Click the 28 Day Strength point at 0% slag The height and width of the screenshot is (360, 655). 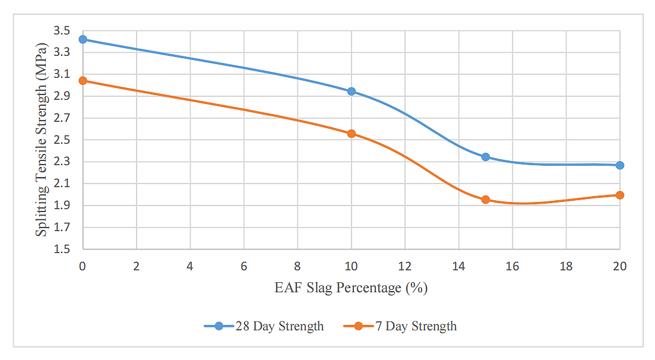tap(83, 39)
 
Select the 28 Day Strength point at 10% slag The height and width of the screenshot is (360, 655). tap(352, 91)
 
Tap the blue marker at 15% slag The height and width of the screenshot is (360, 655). tap(486, 157)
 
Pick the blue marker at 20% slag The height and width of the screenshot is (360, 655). tap(620, 165)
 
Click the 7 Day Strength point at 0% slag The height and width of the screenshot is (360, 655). tap(83, 81)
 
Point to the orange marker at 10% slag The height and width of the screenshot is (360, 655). tap(352, 134)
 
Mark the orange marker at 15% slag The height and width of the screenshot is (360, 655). tap(486, 200)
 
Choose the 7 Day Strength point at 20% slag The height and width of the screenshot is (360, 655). tap(620, 195)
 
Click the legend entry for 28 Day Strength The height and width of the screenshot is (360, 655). tap(264, 326)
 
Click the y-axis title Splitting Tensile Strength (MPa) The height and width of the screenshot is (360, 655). tap(41, 139)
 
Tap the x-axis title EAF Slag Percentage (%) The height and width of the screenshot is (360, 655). tap(351, 289)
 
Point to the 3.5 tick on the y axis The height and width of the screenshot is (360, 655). tap(62, 30)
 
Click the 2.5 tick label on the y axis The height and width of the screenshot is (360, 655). tap(62, 140)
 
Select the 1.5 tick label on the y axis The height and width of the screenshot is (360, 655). tap(62, 249)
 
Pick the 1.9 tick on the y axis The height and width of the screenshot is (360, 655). tap(62, 206)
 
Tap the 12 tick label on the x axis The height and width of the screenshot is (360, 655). tap(405, 267)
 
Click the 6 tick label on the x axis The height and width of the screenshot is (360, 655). tap(244, 267)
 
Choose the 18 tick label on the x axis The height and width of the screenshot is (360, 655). tap(566, 267)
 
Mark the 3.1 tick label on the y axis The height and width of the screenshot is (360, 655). tap(62, 74)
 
